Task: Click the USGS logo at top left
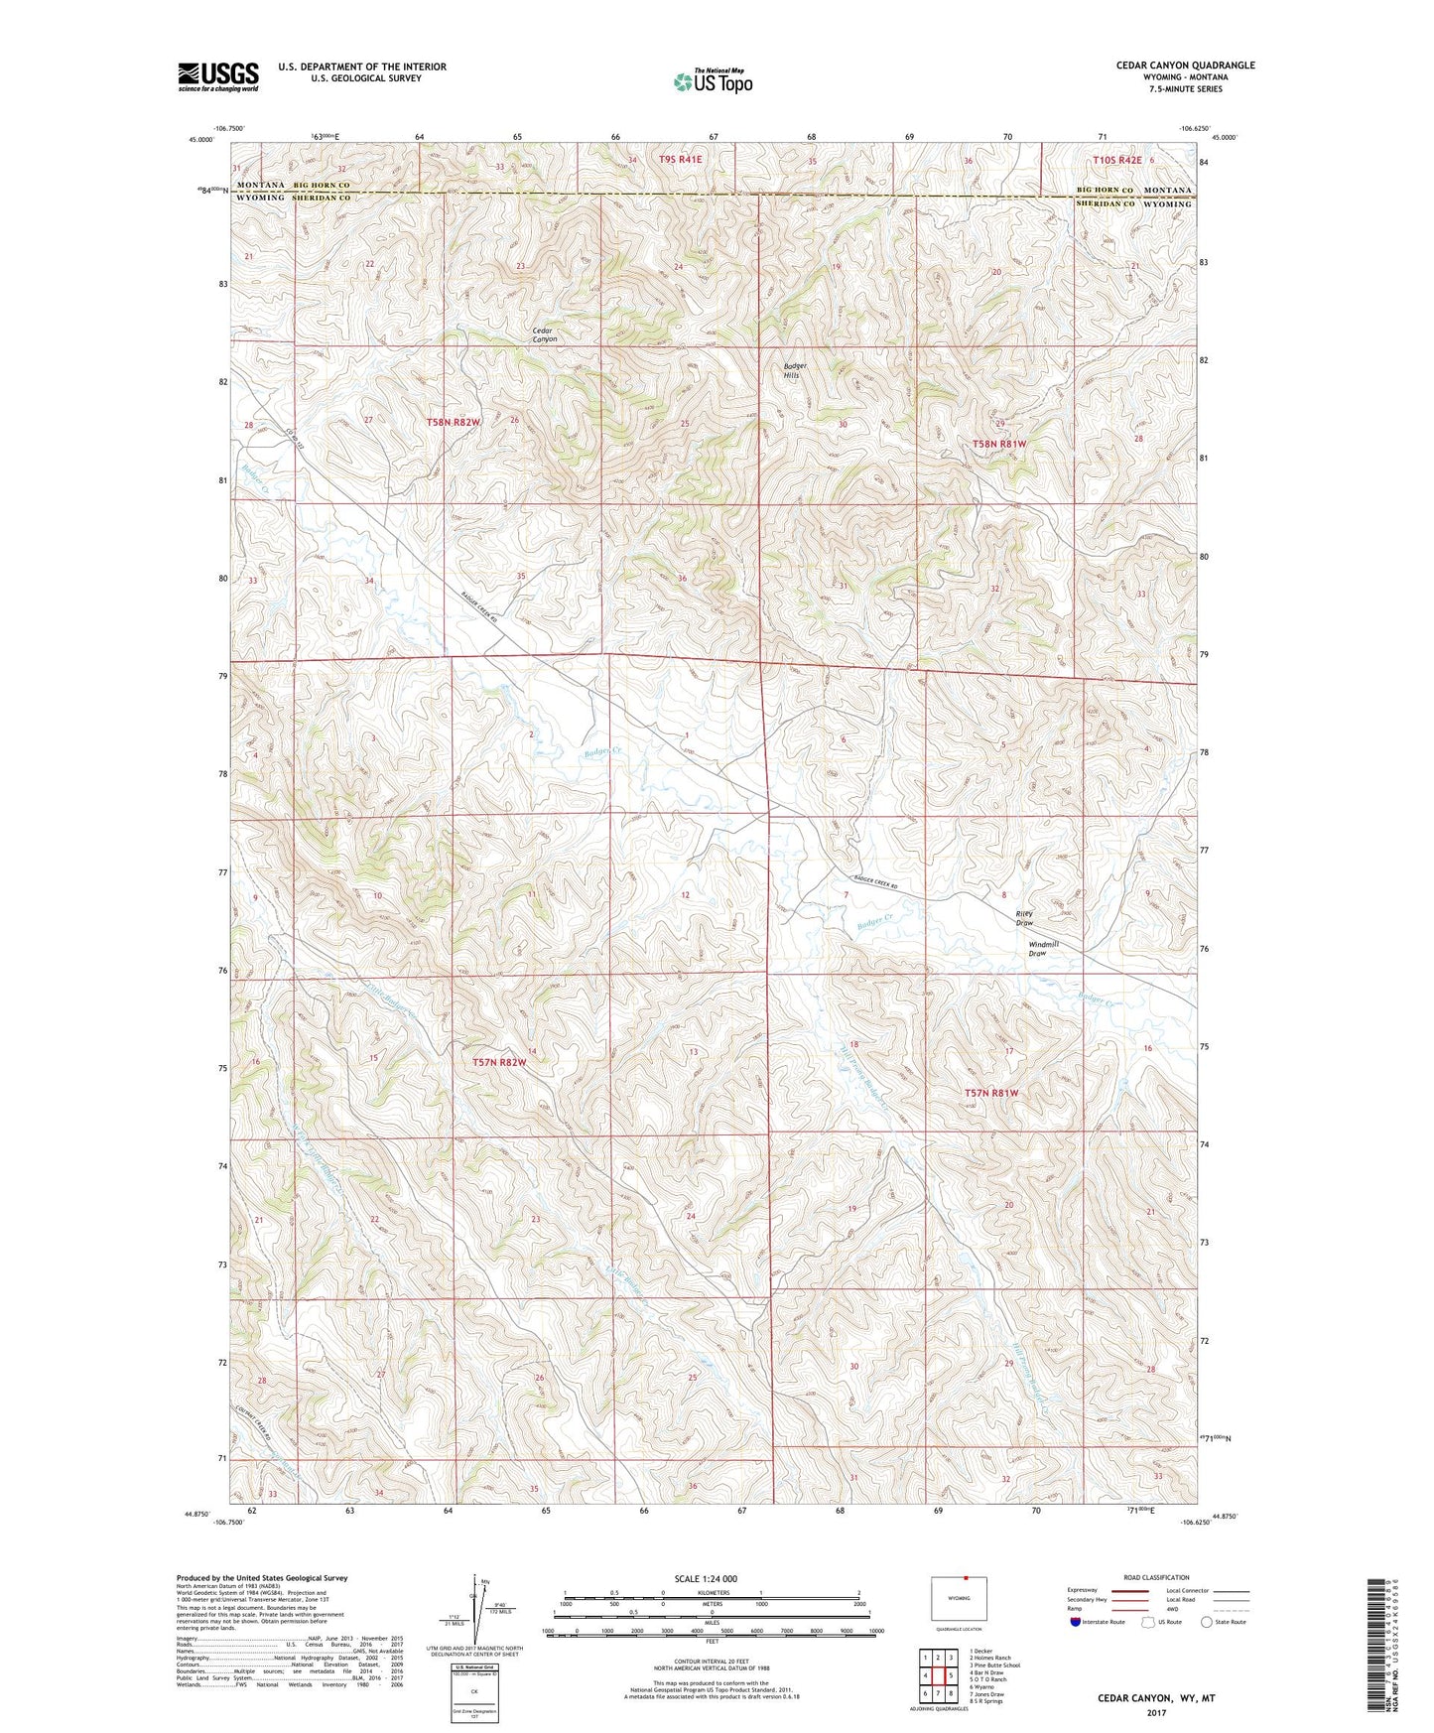(x=217, y=76)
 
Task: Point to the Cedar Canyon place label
(x=544, y=334)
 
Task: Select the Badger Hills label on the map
(x=795, y=370)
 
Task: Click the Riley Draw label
(x=1024, y=918)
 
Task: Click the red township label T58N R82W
(x=453, y=422)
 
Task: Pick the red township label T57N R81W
(x=991, y=1092)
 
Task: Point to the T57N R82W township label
(x=498, y=1062)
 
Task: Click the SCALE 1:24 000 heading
(x=706, y=1578)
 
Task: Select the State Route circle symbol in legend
(x=1206, y=1622)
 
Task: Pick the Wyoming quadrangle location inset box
(x=959, y=1600)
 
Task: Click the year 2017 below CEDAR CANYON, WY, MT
(x=1155, y=1712)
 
